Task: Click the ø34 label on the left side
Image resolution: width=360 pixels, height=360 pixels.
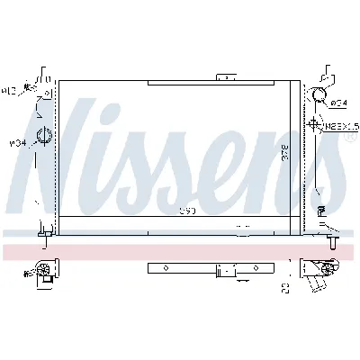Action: point(15,142)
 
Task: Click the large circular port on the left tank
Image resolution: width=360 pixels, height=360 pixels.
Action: point(42,138)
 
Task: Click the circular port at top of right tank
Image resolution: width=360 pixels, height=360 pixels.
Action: point(319,98)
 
